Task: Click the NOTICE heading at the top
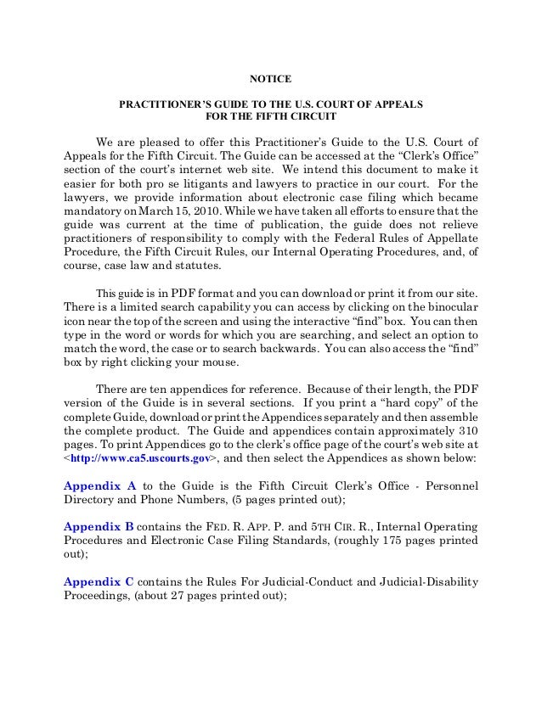[271, 80]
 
